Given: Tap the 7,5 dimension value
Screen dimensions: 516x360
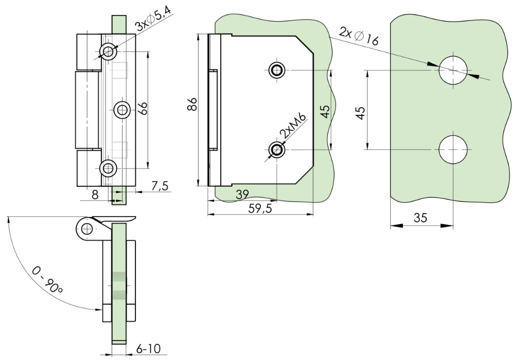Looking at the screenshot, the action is [160, 186].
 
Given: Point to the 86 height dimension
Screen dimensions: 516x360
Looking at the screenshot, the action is [192, 104].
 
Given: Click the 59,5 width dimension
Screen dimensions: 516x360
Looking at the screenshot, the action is [260, 208].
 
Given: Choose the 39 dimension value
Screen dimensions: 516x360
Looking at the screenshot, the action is [242, 194].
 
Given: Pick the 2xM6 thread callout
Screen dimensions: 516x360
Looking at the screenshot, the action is [293, 126].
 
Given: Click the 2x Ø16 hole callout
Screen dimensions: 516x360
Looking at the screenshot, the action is [359, 37].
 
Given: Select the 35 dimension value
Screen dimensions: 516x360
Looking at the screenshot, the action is [420, 218].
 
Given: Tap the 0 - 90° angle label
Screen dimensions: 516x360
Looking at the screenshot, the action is [48, 279].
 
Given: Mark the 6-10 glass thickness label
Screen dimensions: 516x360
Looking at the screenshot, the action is [148, 349].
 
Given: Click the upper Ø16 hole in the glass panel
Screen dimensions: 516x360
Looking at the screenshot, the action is [453, 70].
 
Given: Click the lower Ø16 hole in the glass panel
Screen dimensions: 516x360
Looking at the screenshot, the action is [453, 149].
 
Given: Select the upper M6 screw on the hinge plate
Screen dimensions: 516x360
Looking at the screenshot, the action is [277, 70].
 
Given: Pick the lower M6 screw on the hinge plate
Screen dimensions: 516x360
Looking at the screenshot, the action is [277, 149].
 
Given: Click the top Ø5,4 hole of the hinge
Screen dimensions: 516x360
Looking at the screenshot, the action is [108, 52].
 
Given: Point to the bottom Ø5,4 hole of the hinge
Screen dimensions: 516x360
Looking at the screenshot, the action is [108, 169].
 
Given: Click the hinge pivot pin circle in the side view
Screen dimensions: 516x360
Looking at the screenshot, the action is [87, 229].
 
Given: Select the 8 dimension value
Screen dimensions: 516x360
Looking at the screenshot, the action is [95, 195].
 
